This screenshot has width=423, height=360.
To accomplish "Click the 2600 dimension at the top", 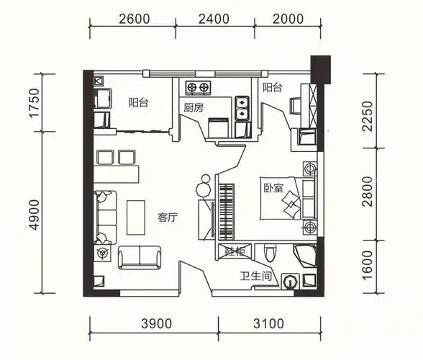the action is coord(134,19).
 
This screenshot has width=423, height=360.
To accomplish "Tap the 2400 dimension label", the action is coord(214,19).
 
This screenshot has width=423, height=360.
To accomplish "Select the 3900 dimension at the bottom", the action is coord(157,323).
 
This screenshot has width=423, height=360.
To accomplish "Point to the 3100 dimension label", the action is coord(269,323).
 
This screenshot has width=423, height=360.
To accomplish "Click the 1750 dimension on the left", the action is coord(35,103).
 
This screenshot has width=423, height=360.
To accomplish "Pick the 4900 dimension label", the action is coord(35,215).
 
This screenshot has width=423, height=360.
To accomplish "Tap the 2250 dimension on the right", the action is coord(368,116).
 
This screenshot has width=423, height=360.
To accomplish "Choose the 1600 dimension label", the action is coord(368,265).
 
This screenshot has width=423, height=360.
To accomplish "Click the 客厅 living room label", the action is coord(168,217).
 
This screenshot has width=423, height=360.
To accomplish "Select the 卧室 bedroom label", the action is coord(273,188).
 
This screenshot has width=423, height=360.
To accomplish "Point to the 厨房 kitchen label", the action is coord(194,108).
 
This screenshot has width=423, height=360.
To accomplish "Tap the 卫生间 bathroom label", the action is coord(256,276).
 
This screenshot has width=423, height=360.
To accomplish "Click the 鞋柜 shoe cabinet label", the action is coord(235,252).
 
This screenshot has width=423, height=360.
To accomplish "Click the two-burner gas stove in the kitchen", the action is coord(198,88).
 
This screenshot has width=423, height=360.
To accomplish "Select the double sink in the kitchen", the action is coord(242,108).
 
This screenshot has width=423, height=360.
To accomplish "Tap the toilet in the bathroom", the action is coord(270,253).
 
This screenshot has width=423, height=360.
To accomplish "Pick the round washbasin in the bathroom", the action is coord(290,282).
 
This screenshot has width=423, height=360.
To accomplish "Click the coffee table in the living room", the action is coord(136,217).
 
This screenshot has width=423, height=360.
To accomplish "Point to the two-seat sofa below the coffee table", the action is coord(140,257).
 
